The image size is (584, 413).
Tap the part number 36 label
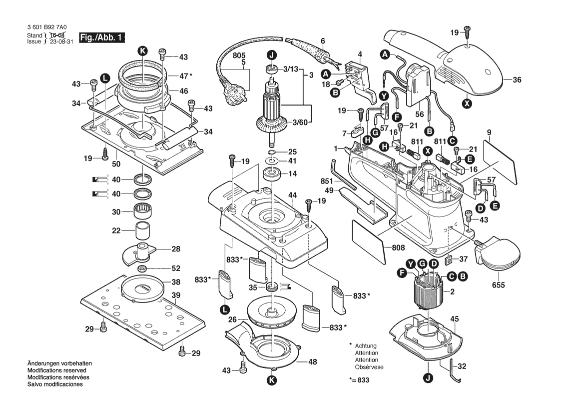pos(517,79)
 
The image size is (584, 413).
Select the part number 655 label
pos(499,285)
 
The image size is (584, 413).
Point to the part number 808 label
pos(398,246)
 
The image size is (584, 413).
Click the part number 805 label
pos(239,56)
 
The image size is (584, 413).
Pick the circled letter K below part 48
pos(271,380)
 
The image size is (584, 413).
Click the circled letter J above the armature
pos(271,55)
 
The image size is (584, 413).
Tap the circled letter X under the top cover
pos(467,104)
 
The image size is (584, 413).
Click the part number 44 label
pos(292,194)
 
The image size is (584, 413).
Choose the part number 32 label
pos(462,366)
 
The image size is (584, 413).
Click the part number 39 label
pos(176,295)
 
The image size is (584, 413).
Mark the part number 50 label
pos(116,164)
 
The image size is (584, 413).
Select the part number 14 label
pos(292,173)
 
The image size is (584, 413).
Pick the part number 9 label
pos(489,132)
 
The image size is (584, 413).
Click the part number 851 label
pos(326,181)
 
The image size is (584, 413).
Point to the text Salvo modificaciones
pos(55,384)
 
